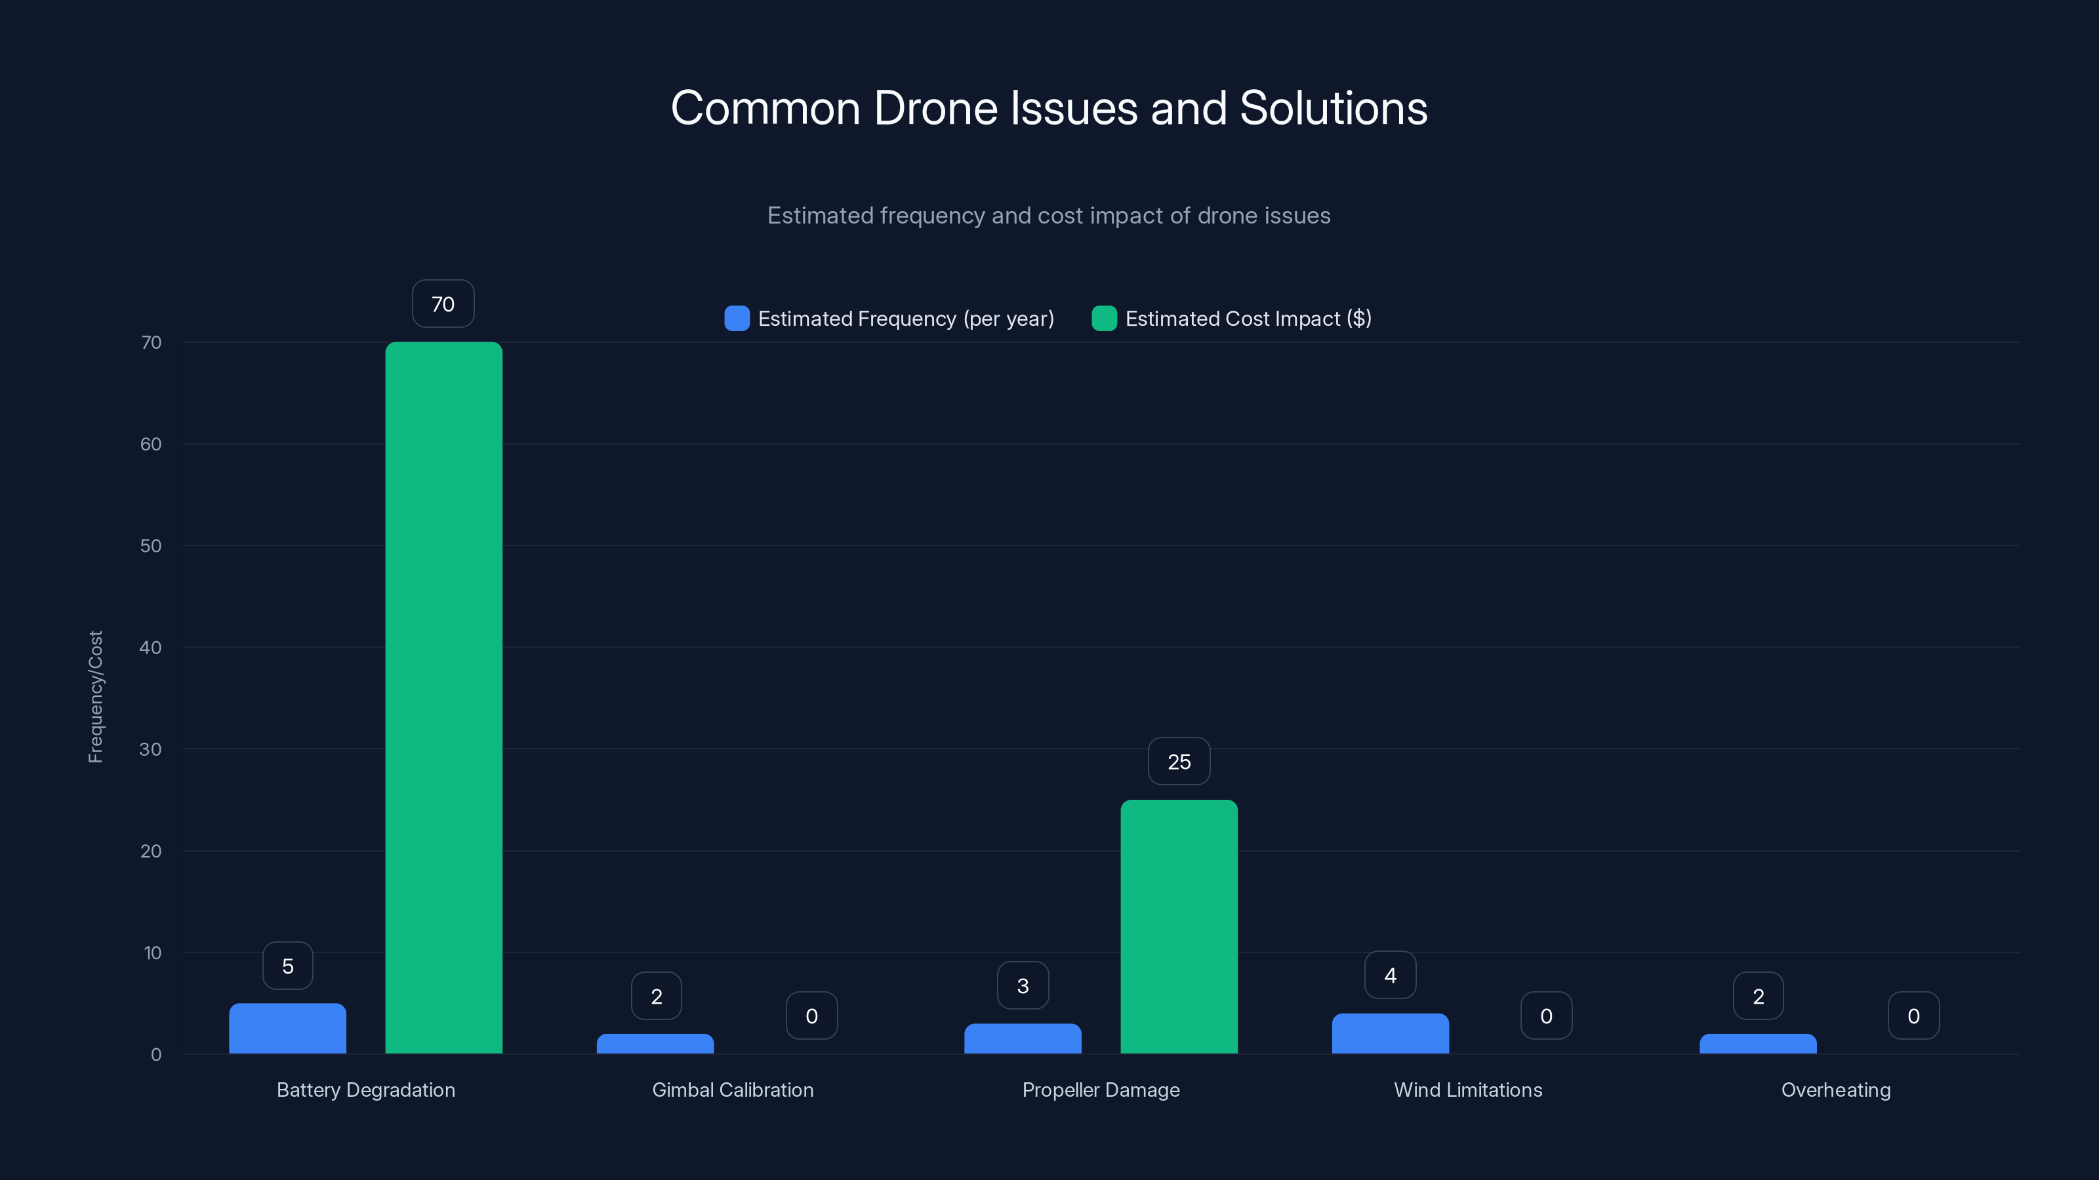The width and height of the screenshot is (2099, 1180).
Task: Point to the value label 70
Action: [x=443, y=304]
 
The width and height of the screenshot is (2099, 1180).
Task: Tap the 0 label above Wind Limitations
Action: [x=1546, y=1015]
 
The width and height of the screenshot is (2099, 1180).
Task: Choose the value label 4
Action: [x=1390, y=975]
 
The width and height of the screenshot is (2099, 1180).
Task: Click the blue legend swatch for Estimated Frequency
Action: [x=737, y=319]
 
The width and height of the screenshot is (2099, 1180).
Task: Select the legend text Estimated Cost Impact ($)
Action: [x=1248, y=319]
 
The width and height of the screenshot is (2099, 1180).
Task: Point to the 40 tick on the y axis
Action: [x=151, y=648]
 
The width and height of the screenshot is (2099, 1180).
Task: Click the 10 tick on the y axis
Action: [x=152, y=952]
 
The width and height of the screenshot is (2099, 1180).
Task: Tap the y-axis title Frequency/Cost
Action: [x=95, y=697]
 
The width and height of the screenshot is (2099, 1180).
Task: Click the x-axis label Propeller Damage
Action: [x=1100, y=1090]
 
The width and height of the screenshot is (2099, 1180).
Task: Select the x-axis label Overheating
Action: [x=1835, y=1090]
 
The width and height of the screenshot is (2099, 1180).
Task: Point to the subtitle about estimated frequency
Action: [x=1049, y=216]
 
